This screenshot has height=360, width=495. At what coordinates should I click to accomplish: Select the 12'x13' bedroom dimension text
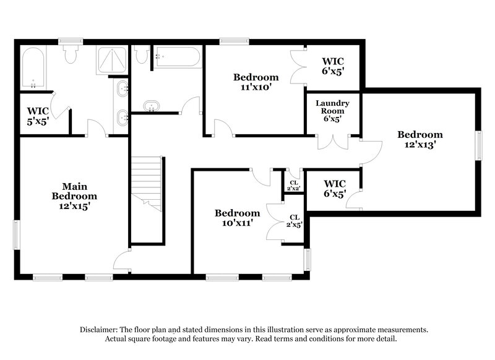click(420, 145)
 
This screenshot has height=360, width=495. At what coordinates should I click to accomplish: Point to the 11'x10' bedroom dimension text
click(256, 88)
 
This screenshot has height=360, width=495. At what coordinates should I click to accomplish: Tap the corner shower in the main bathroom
click(112, 60)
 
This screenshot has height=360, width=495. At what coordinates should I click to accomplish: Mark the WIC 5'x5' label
click(38, 116)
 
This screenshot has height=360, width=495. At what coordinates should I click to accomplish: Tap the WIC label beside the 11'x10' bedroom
click(332, 66)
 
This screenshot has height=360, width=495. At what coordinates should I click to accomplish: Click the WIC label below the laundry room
click(334, 188)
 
